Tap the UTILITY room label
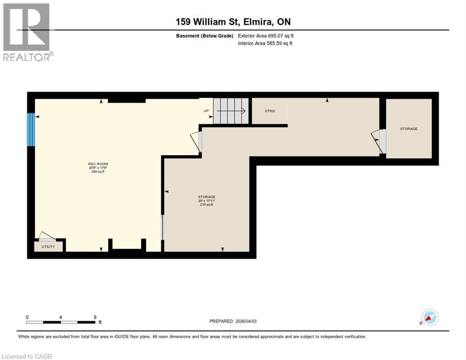(x=48, y=247)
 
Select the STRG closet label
(x=270, y=111)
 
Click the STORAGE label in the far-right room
(x=408, y=128)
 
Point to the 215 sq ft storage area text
(x=206, y=205)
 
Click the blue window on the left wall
(x=31, y=129)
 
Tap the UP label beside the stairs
(x=206, y=111)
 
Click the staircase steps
(x=231, y=111)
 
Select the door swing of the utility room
(x=47, y=236)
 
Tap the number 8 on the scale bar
(x=95, y=317)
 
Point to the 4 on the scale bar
(x=61, y=317)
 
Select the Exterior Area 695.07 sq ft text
(x=266, y=36)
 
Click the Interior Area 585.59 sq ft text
(x=265, y=44)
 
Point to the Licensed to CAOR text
(x=27, y=356)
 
